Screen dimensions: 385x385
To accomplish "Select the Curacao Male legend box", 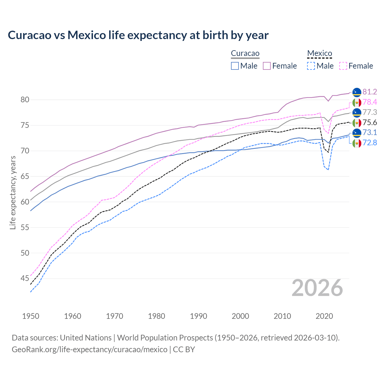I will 235,66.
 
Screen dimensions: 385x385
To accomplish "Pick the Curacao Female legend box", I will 267,66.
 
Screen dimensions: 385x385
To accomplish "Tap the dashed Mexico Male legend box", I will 311,66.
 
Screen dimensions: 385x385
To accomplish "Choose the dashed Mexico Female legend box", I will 343,66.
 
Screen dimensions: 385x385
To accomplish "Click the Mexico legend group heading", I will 319,54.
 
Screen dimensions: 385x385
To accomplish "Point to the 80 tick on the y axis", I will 25,100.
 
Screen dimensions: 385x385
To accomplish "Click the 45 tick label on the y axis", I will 25,279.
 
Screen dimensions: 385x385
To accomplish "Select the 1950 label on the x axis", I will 31,316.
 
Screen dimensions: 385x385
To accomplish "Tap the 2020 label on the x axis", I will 324,316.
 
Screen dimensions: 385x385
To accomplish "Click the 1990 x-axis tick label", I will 199,316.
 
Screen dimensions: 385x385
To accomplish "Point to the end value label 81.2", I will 370,92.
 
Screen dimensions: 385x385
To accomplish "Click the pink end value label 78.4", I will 370,102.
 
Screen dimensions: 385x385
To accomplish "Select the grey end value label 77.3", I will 370,112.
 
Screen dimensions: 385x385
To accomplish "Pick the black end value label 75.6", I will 370,122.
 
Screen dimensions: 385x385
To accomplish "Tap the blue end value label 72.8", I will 370,143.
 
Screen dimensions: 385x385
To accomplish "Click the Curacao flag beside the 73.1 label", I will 357,133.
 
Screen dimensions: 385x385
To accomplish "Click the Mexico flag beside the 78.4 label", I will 357,102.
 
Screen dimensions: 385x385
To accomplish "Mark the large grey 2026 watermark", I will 317,288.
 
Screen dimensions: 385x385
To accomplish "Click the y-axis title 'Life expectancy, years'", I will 13,192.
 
